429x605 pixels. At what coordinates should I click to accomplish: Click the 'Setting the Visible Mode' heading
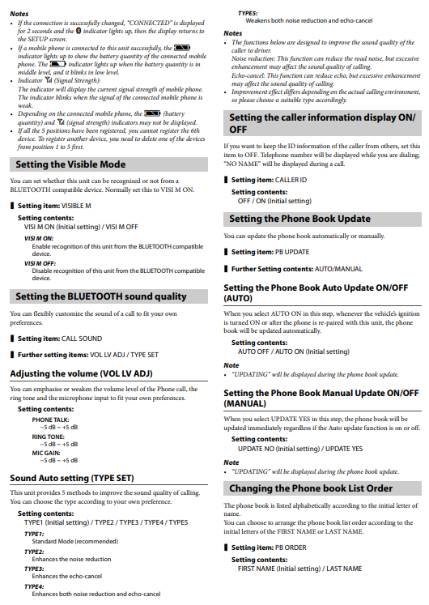pos(70,164)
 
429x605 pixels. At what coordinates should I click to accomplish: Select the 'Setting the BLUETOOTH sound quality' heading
pos(100,297)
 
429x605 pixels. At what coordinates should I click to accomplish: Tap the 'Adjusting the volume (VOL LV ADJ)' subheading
pos(81,373)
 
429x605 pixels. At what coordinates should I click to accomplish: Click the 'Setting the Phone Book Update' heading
pos(299,219)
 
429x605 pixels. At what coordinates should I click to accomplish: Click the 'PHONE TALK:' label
pos(50,420)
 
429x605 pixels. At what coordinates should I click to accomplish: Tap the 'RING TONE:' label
pos(49,437)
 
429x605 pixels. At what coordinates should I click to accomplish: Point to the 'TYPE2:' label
pos(34,552)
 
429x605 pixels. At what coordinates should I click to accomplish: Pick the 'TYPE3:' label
pos(34,569)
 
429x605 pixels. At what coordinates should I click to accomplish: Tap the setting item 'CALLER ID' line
pos(270,180)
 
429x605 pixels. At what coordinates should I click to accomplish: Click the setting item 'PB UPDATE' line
pos(270,252)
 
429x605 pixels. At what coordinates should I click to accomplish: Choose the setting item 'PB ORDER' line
pos(269,548)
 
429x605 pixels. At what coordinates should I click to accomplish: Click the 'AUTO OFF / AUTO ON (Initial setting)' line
pos(292,351)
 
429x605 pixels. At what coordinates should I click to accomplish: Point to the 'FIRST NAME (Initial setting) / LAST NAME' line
pos(299,569)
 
